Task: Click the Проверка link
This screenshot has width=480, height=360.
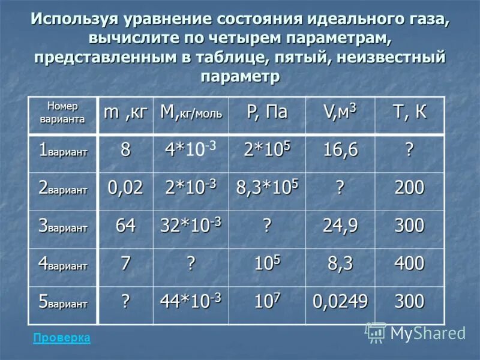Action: pos(62,338)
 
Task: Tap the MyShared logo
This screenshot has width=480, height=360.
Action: pos(416,332)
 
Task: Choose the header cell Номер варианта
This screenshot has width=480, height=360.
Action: pos(62,112)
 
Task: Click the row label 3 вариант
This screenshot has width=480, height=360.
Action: pos(62,227)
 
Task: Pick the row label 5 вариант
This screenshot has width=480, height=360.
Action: pos(62,302)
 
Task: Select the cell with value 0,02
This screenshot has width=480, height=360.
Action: pos(125,188)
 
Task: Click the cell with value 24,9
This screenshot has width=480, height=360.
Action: pos(340,226)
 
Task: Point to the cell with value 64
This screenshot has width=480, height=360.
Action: pos(125,226)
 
